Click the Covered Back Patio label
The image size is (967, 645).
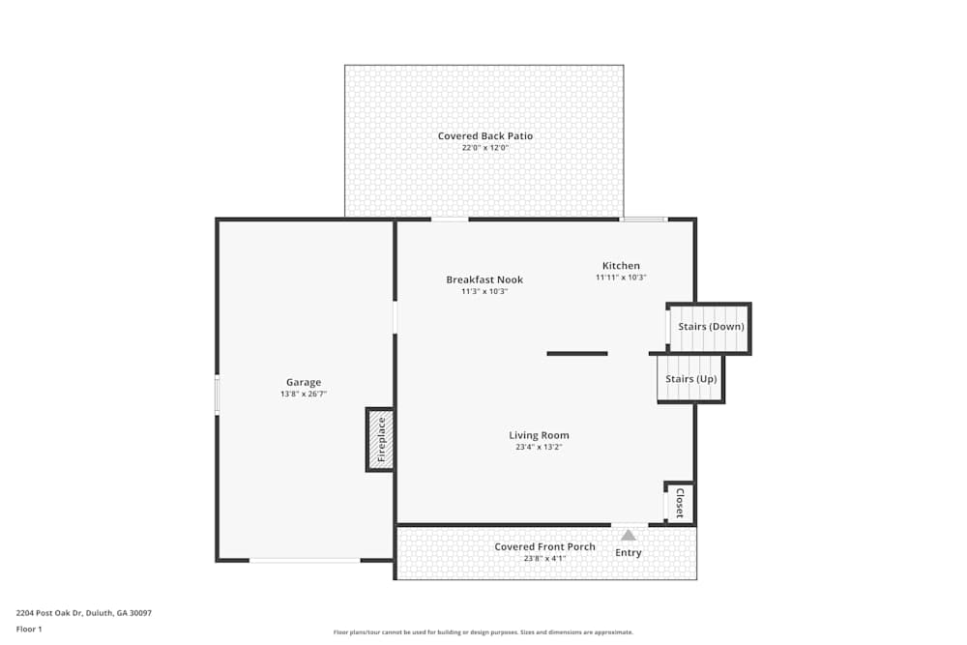tap(484, 136)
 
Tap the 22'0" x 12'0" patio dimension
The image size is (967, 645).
tap(484, 148)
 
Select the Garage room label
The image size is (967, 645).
tap(303, 382)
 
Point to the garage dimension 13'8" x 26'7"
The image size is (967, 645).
tap(303, 394)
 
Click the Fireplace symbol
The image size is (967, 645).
tap(380, 440)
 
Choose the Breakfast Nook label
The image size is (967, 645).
tap(483, 279)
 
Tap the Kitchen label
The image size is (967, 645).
tap(621, 266)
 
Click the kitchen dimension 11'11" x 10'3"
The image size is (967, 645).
tap(621, 278)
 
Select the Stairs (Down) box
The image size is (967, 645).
tap(711, 327)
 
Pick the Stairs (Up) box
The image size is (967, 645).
tap(691, 379)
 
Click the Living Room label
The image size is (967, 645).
tap(539, 435)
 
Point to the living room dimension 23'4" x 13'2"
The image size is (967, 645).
tap(539, 447)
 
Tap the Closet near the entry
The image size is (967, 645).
tap(680, 503)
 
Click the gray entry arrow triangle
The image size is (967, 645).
tap(629, 535)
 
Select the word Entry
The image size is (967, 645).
tap(629, 553)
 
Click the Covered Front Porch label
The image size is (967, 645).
tap(544, 546)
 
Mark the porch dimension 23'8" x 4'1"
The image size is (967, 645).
tap(544, 558)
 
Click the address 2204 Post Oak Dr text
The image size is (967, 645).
tap(83, 613)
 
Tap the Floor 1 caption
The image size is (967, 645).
tap(29, 629)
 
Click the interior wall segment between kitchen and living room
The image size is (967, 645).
tap(577, 353)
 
